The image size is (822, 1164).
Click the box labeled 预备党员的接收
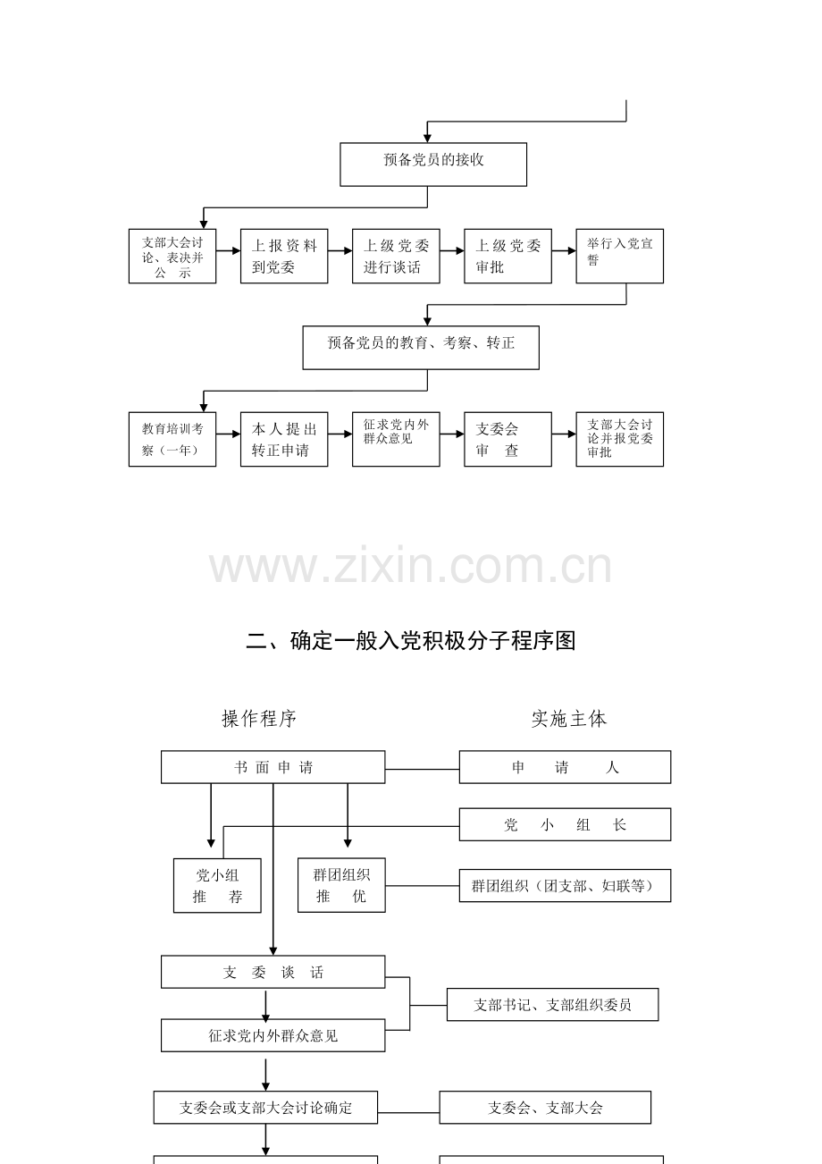click(433, 164)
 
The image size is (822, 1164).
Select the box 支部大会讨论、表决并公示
click(172, 257)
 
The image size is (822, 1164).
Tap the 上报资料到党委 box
click(284, 257)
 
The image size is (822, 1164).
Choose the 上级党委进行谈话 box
click(396, 257)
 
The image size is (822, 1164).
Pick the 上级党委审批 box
click(507, 257)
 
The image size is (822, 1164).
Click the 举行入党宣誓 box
click(619, 257)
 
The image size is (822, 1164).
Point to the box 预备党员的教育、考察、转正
click(421, 348)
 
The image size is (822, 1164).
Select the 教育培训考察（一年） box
click(172, 439)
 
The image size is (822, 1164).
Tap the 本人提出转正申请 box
click(284, 439)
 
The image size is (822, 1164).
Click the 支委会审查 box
click(507, 439)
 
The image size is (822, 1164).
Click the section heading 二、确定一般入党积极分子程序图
click(411, 641)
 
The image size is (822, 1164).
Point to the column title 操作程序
click(259, 719)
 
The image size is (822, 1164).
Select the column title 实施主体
click(569, 719)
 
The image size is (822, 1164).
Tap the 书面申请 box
click(273, 767)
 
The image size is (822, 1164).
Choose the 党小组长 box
click(565, 824)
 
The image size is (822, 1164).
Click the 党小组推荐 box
click(217, 885)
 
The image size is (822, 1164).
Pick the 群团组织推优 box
click(341, 885)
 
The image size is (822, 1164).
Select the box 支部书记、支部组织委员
click(552, 1005)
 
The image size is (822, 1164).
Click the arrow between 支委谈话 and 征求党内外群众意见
click(266, 1005)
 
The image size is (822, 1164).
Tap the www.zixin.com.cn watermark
click(410, 565)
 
